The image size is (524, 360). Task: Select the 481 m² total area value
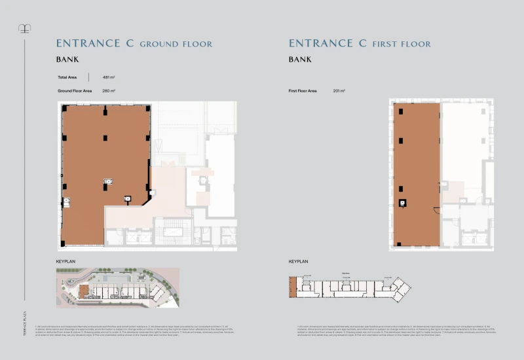(109, 77)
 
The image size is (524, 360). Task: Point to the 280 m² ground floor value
(109, 90)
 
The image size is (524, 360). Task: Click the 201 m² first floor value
(339, 90)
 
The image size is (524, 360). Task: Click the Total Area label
(68, 77)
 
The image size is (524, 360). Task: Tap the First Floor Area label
(303, 90)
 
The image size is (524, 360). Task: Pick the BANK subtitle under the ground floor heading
(67, 60)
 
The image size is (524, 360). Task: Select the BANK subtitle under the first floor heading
(300, 60)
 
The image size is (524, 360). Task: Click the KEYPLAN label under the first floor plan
(298, 261)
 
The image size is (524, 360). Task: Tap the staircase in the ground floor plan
(174, 232)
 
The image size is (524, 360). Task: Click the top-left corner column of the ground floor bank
(64, 107)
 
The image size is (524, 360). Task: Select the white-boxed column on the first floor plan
(402, 202)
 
